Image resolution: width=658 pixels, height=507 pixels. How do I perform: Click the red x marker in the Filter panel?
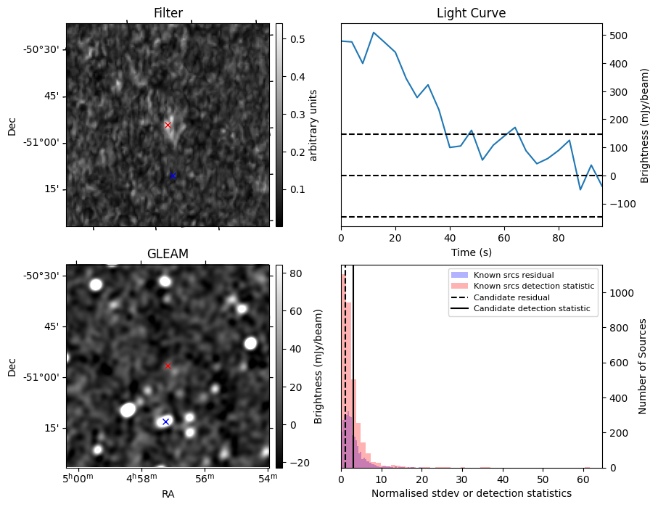click(x=168, y=125)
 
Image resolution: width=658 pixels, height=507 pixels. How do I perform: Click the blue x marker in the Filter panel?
click(x=173, y=176)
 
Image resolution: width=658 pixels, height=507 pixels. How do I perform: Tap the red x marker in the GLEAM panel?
click(x=168, y=366)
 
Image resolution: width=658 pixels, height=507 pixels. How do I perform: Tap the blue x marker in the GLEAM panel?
click(x=165, y=421)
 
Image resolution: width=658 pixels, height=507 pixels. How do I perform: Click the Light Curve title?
click(x=471, y=13)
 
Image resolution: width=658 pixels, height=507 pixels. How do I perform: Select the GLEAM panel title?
click(x=168, y=254)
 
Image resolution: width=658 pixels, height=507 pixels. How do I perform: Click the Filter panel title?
click(x=168, y=13)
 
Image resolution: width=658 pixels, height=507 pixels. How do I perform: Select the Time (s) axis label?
click(x=471, y=251)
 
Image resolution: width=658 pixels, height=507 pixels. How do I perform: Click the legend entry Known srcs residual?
click(x=513, y=276)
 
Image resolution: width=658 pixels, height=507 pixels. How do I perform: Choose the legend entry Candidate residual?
click(x=512, y=298)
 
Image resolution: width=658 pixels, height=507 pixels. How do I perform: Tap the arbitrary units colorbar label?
click(x=314, y=125)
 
